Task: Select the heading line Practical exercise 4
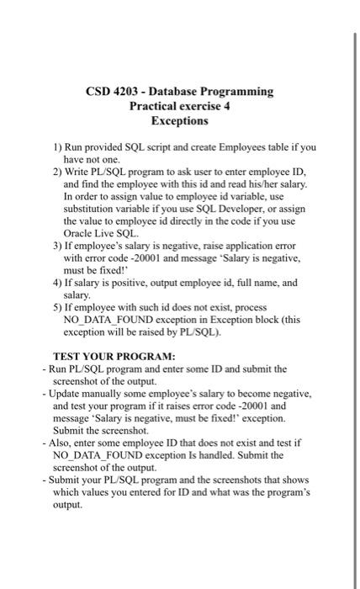coord(179,106)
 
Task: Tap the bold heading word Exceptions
coord(179,121)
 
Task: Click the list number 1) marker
coord(57,147)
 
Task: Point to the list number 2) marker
coord(57,171)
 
